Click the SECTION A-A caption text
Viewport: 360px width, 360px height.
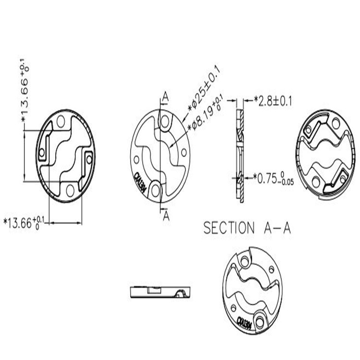pos(247,228)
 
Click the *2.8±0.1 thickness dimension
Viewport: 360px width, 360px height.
pos(273,101)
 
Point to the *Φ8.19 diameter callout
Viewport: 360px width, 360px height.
pos(206,113)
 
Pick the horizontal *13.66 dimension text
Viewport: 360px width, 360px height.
pos(24,222)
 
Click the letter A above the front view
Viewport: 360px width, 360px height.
pos(165,96)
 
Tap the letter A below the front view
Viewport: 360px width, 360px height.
pos(166,216)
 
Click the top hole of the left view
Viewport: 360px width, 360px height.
pos(60,121)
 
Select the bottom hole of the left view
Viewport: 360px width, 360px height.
pos(70,190)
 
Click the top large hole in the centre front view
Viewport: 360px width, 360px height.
pos(165,120)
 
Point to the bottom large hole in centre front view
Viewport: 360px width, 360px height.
pos(156,191)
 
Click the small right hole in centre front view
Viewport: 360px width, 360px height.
pos(184,153)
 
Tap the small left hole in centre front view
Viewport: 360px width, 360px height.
pos(136,158)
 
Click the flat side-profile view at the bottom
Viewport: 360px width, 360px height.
pos(160,291)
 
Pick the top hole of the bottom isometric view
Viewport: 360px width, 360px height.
pos(245,262)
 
